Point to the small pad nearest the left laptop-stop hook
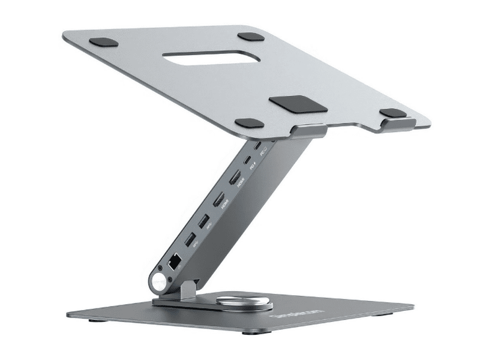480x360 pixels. pyautogui.click(x=248, y=123)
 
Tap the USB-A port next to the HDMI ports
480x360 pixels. pyautogui.click(x=204, y=220)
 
